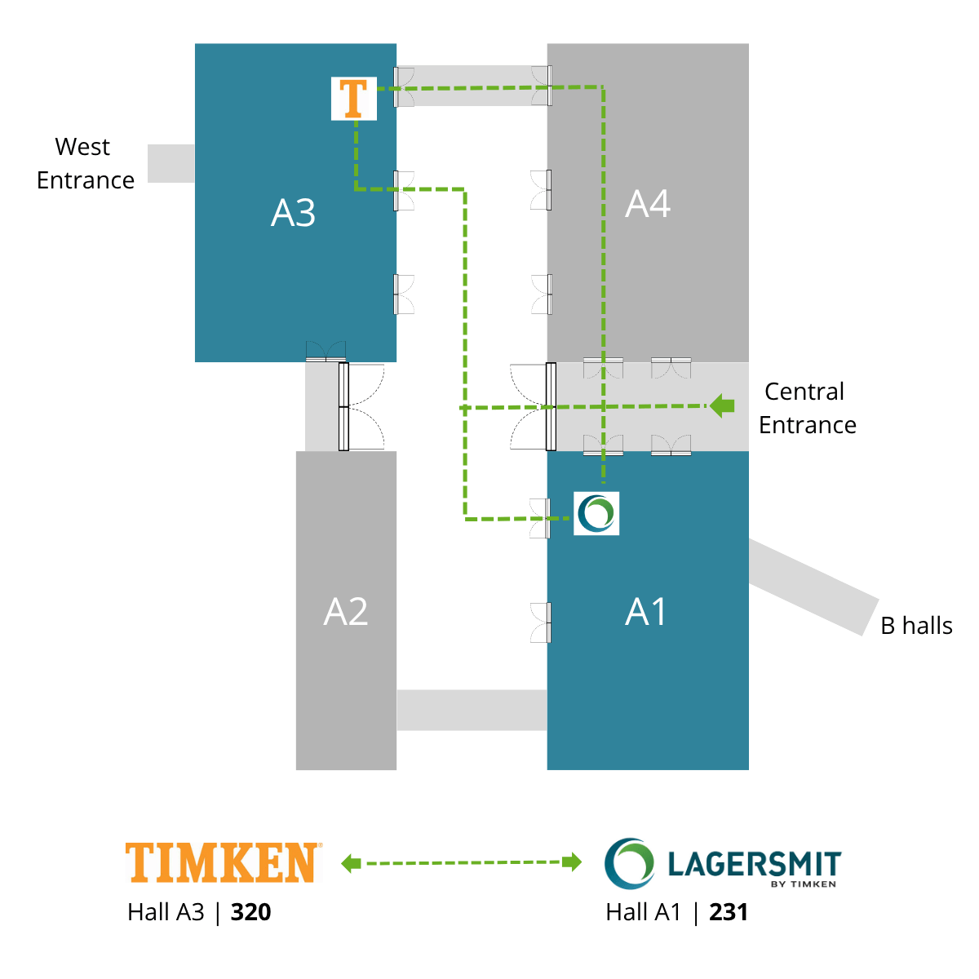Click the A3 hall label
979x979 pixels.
(x=293, y=212)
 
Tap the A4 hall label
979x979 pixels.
(x=647, y=204)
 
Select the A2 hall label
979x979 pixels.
(x=345, y=612)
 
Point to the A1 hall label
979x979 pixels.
(x=645, y=612)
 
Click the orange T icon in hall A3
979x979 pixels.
(x=353, y=99)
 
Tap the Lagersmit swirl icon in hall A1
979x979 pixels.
(x=596, y=513)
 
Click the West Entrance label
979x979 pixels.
(x=86, y=164)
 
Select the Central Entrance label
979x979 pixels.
(x=808, y=408)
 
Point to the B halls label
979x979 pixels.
(x=916, y=626)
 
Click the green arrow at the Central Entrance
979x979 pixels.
(x=721, y=406)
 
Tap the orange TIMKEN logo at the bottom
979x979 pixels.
(x=224, y=862)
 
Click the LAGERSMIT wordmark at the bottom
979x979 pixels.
(x=755, y=864)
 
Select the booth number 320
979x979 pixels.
(x=250, y=912)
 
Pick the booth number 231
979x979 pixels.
(x=729, y=912)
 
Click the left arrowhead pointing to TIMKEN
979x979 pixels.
(x=351, y=863)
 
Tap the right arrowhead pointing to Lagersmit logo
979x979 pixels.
(x=572, y=862)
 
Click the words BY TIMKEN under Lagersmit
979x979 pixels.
(x=804, y=884)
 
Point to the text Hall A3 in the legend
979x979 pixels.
(x=166, y=912)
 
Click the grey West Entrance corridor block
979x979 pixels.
(x=171, y=164)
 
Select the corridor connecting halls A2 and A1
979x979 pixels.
(x=472, y=711)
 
